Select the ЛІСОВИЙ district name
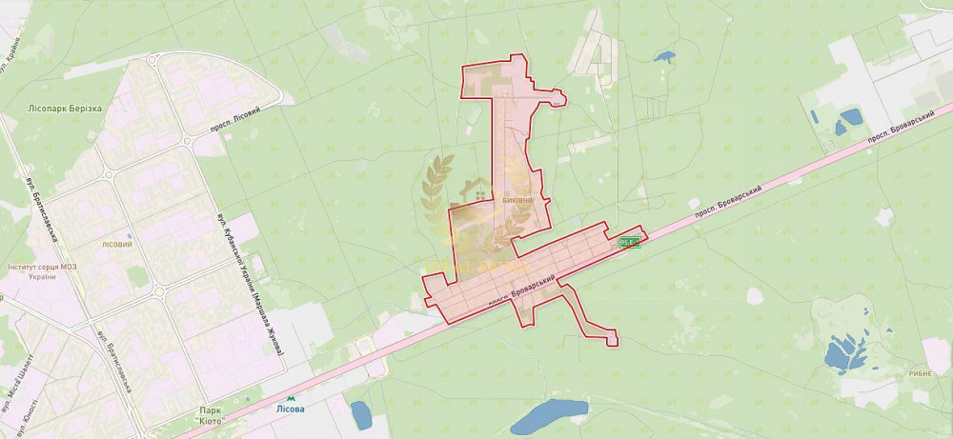click(x=115, y=245)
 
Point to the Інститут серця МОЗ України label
click(x=45, y=271)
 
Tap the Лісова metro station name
click(x=291, y=409)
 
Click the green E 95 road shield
click(x=629, y=242)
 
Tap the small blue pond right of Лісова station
click(x=361, y=414)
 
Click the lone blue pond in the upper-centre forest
click(x=664, y=56)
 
